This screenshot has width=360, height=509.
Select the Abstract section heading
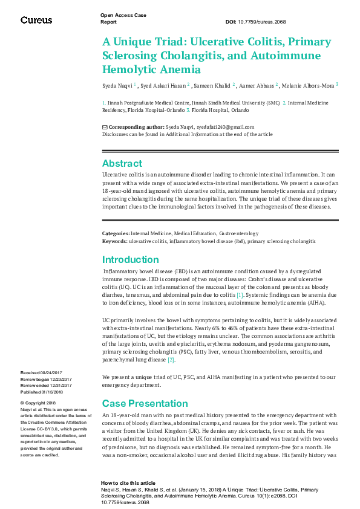point(122,163)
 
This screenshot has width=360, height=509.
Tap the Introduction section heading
point(130,260)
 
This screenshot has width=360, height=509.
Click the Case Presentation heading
point(145,403)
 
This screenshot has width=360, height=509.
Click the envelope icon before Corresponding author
point(105,127)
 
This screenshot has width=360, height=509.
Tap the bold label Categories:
point(116,233)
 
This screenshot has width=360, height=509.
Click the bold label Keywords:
point(114,241)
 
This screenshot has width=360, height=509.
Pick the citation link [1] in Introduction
point(240,294)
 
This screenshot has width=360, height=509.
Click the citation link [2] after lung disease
point(171,360)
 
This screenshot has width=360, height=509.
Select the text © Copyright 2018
point(38,403)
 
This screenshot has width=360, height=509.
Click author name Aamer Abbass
point(257,85)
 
